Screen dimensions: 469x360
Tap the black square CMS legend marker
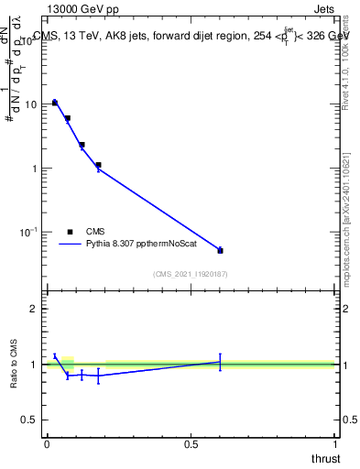point(70,233)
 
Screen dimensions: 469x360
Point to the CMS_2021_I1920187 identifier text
point(190,274)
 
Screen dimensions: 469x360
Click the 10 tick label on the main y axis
point(31,104)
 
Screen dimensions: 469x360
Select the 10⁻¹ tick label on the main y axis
point(29,233)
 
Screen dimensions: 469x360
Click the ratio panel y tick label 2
point(34,309)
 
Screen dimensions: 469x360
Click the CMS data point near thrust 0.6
point(220,250)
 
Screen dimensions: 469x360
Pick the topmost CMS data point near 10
point(55,103)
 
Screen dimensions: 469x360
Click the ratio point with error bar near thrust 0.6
point(220,362)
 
